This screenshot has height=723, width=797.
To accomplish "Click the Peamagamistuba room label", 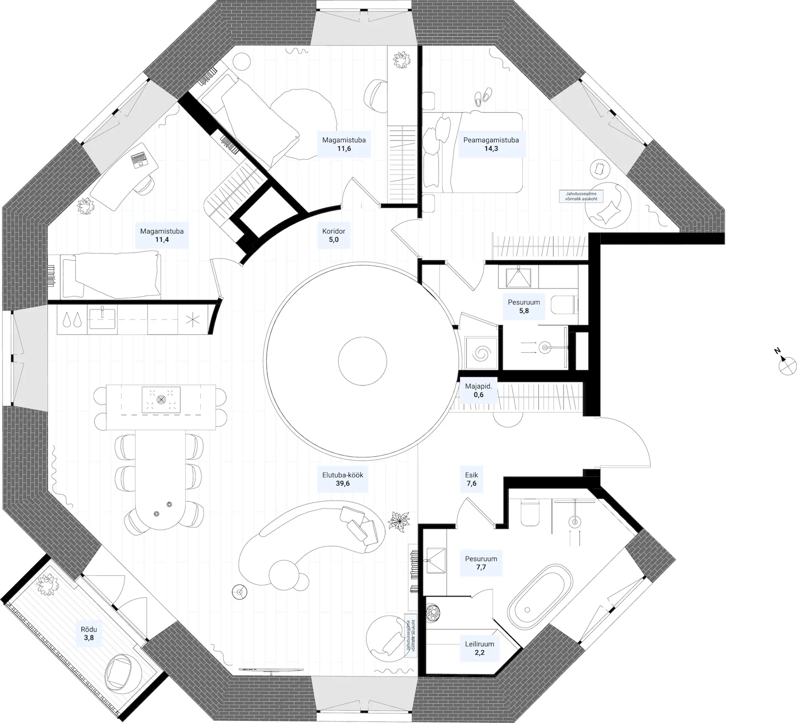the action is coord(491,144).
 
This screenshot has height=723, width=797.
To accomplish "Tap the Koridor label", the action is coord(334,235).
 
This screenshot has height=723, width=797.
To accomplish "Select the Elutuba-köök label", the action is coord(342,479).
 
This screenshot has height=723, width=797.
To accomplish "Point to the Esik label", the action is coord(471,479).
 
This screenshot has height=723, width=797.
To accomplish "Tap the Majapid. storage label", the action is coord(478,390).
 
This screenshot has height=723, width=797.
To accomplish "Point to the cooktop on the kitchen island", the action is coord(161,399).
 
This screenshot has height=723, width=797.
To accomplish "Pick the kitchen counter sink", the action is coord(102,318).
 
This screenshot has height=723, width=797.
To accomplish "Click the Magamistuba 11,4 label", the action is coord(161,235).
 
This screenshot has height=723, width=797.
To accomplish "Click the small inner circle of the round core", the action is coord(362,361).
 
